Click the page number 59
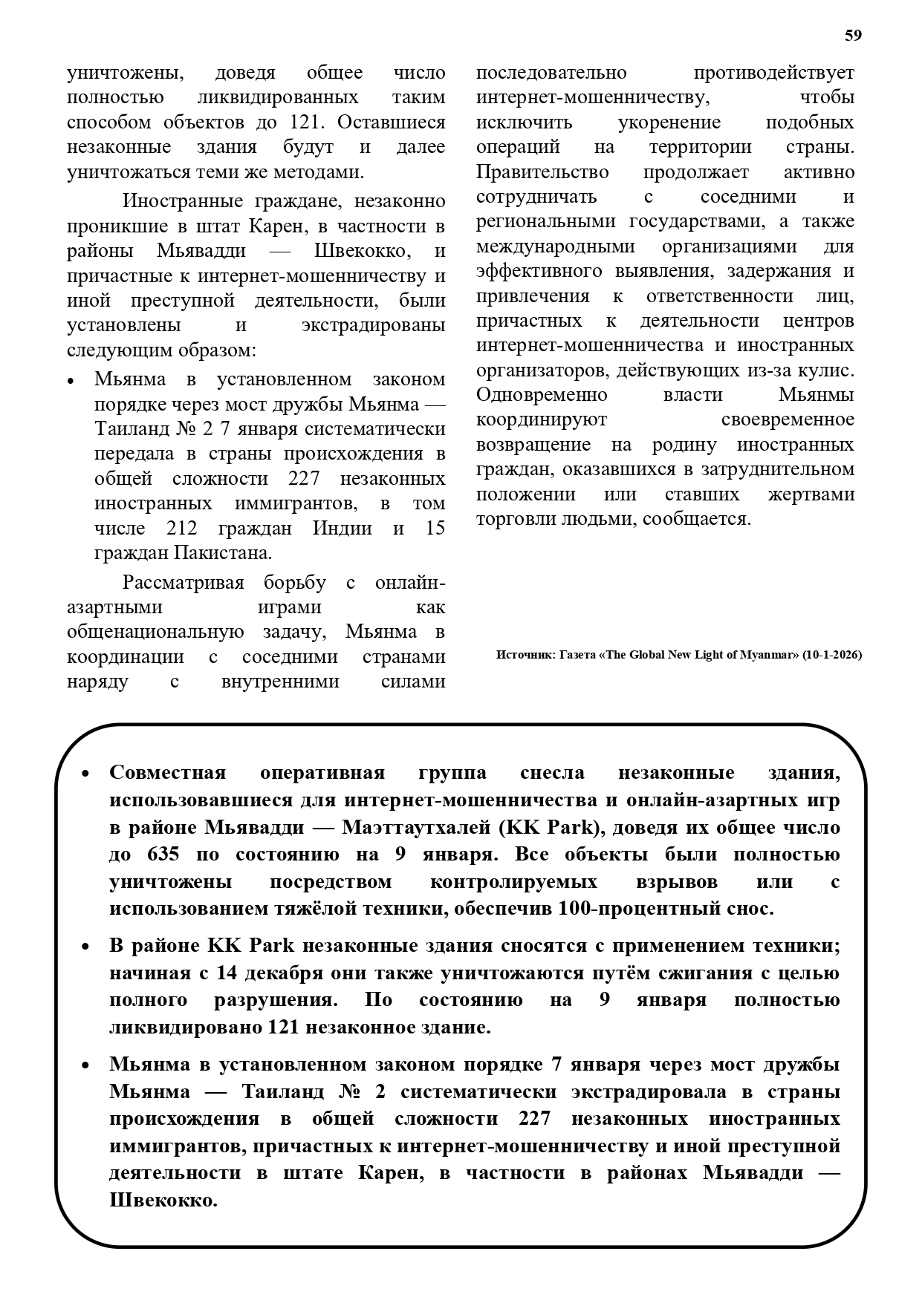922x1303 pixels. pos(853,36)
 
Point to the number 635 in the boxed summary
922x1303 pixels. pos(163,854)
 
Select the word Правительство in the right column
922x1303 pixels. pos(542,172)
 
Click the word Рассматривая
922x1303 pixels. pos(183,583)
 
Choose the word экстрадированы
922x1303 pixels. pos(373,325)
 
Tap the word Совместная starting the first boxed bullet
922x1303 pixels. pos(167,773)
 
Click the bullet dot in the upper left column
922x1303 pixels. pos(71,381)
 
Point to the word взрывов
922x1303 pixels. pos(676,881)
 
